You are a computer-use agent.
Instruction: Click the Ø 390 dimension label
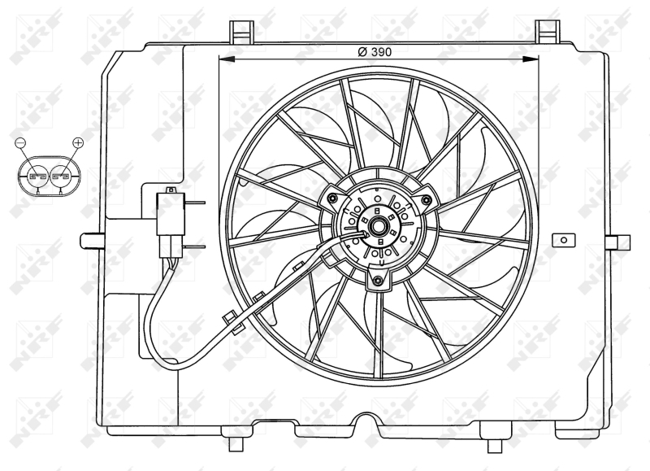pyautogui.click(x=375, y=50)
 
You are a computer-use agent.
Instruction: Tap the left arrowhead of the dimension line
pyautogui.click(x=226, y=59)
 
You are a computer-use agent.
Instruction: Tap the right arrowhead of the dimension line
pyautogui.click(x=532, y=59)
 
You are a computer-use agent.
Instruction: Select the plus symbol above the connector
pyautogui.click(x=78, y=143)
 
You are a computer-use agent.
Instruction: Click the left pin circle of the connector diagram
pyautogui.click(x=36, y=175)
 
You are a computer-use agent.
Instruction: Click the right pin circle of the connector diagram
pyautogui.click(x=61, y=175)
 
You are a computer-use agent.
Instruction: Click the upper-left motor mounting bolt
pyautogui.click(x=333, y=198)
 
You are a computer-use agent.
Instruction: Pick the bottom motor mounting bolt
pyautogui.click(x=376, y=281)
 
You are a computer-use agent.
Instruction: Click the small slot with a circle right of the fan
pyautogui.click(x=561, y=240)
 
